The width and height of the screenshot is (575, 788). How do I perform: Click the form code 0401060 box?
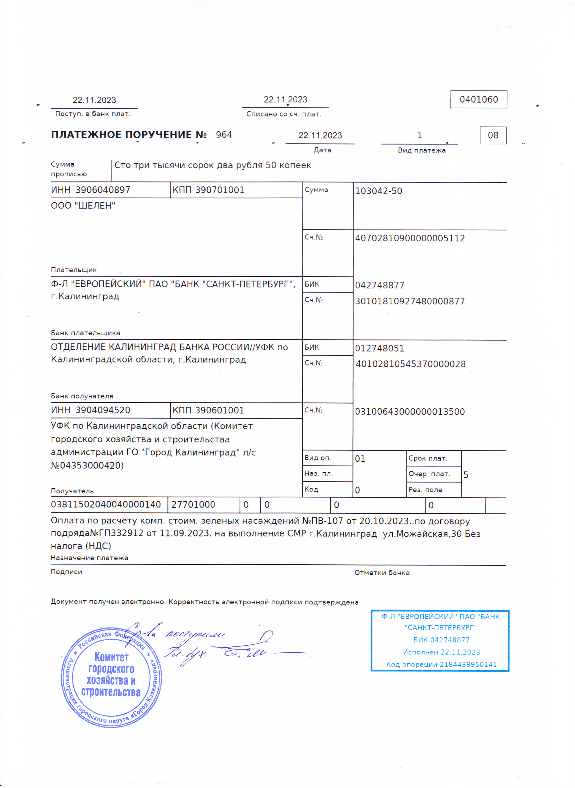479,100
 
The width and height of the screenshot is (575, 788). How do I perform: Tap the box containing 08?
493,135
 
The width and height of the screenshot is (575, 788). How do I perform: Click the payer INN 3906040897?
103,190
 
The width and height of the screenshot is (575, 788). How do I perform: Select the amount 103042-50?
378,191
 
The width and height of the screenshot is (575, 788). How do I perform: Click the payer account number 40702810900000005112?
410,238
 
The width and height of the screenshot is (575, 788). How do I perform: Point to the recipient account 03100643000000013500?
410,411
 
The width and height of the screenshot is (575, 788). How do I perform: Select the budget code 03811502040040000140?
106,504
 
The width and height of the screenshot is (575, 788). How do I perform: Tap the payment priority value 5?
466,475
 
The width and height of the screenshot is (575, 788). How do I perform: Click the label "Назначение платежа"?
90,558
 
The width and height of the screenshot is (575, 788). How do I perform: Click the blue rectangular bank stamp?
440,641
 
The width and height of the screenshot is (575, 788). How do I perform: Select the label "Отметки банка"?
382,573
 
